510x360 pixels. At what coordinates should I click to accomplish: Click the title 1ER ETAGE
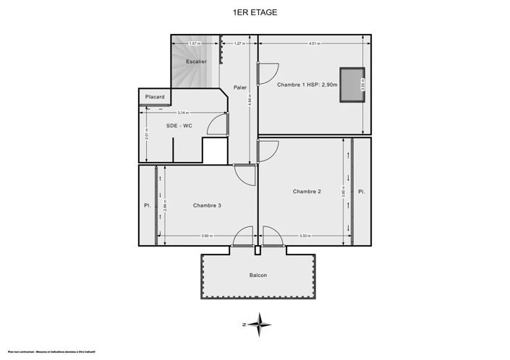255,12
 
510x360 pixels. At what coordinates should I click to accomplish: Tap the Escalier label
197,61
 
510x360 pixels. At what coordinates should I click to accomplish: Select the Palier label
240,87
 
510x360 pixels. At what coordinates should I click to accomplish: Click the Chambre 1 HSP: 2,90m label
307,85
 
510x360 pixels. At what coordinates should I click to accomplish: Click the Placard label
155,97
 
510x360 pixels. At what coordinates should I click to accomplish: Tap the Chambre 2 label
307,192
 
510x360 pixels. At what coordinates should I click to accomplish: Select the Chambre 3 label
207,205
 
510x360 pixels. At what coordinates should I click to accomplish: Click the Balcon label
258,275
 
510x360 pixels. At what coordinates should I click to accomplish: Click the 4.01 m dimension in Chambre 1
313,43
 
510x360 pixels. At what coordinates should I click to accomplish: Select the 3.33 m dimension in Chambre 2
305,236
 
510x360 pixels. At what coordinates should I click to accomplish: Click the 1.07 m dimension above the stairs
194,43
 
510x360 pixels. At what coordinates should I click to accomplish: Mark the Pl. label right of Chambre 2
362,192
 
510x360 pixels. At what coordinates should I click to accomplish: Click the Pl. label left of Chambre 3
147,205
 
